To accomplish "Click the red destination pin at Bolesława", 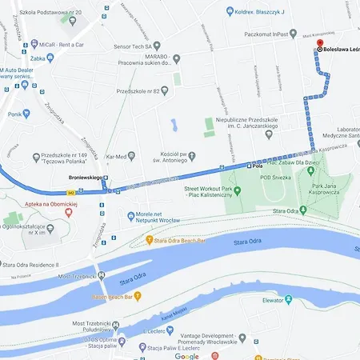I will pos(319,44).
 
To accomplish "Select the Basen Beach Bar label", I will pos(117,296).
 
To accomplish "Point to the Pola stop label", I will pos(256,166).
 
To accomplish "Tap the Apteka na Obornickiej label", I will pos(38,205).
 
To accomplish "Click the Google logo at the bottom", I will pos(186,355).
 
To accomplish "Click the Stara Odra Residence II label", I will pos(38,264).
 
